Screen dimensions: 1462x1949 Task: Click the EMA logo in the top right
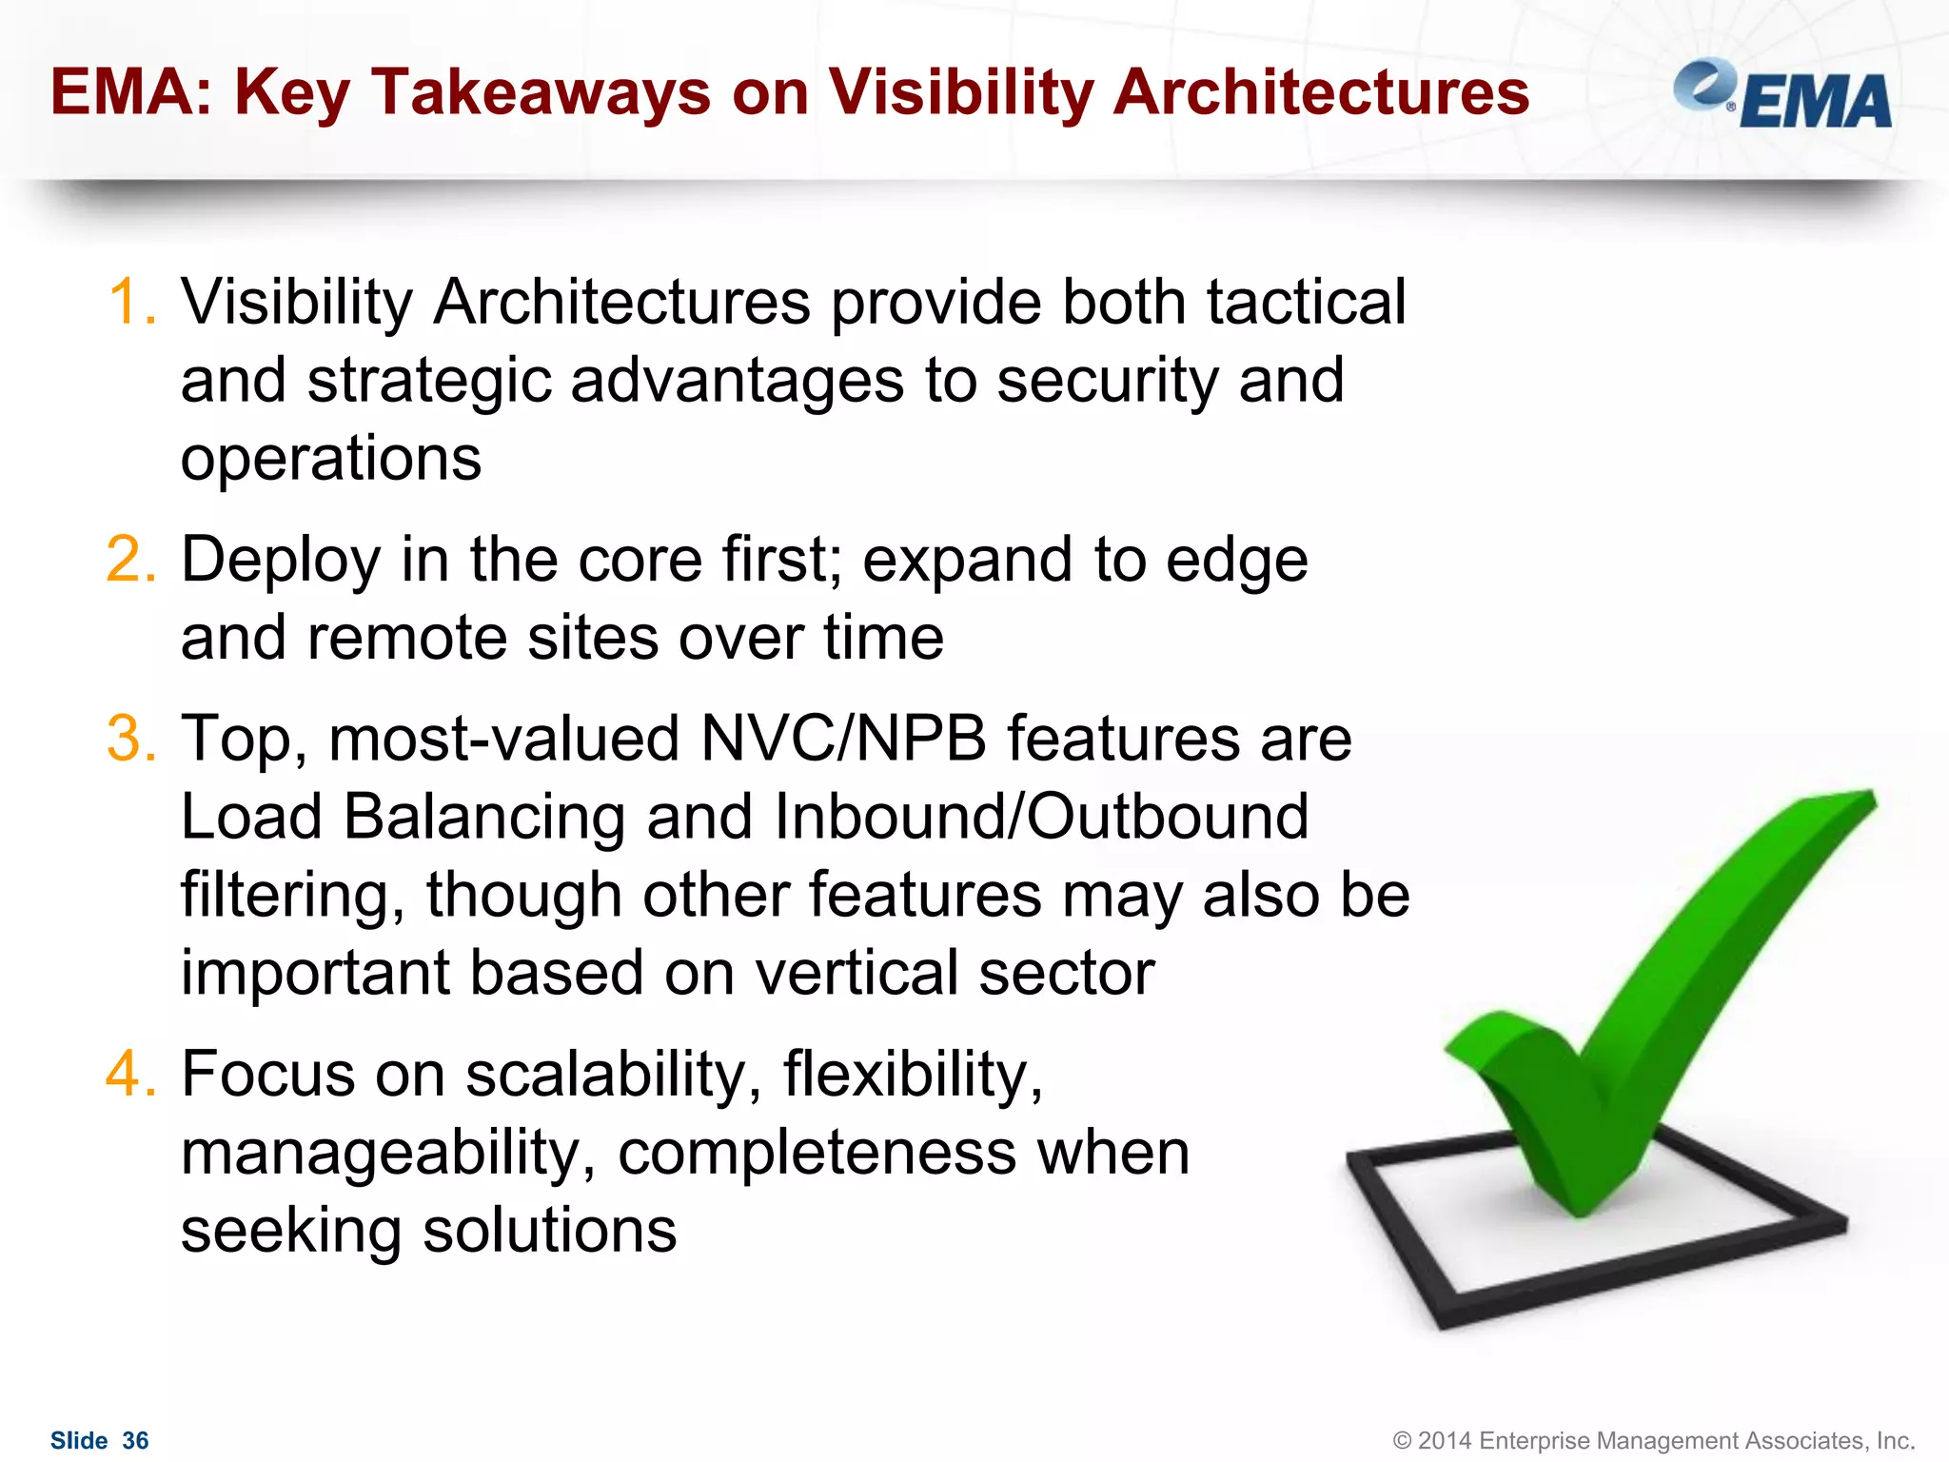(1783, 95)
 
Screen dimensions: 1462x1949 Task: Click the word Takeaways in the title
(540, 93)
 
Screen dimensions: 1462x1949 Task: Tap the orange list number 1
(130, 303)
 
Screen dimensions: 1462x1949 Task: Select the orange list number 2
(130, 560)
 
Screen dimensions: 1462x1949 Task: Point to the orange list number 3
(130, 739)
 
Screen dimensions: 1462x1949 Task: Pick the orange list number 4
(130, 1075)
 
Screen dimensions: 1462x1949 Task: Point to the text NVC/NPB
(843, 739)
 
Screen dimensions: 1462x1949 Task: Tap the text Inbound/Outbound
(1041, 817)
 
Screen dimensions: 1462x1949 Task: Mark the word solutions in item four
(549, 1231)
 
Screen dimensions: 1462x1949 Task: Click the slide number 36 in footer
(135, 1440)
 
